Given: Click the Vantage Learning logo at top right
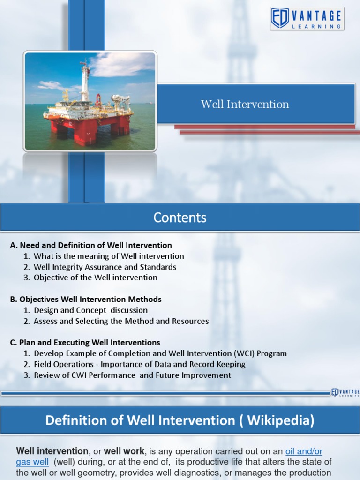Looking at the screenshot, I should [x=307, y=19].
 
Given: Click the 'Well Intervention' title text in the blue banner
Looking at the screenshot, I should [x=245, y=104].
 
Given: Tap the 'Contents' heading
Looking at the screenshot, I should [x=180, y=217].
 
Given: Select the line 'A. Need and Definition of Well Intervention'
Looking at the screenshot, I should [x=91, y=245].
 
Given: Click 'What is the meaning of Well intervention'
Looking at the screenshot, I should [x=109, y=256].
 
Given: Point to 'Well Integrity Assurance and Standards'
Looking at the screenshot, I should [x=105, y=267].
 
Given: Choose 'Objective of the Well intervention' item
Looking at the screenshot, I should [x=96, y=277].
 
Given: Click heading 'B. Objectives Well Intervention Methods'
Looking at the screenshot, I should [x=86, y=299].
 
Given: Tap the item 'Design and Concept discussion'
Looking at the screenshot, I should [x=90, y=310].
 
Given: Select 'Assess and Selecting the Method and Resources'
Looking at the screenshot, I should [x=121, y=321].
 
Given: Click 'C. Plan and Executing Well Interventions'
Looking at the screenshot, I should [x=85, y=342].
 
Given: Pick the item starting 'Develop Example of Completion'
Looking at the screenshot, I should [x=160, y=353].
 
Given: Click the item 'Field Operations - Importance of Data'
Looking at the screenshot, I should [x=139, y=364].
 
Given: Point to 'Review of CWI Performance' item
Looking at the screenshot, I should [x=132, y=375].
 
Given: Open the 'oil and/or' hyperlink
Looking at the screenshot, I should [x=304, y=451].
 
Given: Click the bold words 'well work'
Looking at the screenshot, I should [x=124, y=451].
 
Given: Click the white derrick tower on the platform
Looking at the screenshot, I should [x=85, y=82].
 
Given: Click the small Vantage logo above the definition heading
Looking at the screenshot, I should [x=345, y=392].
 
